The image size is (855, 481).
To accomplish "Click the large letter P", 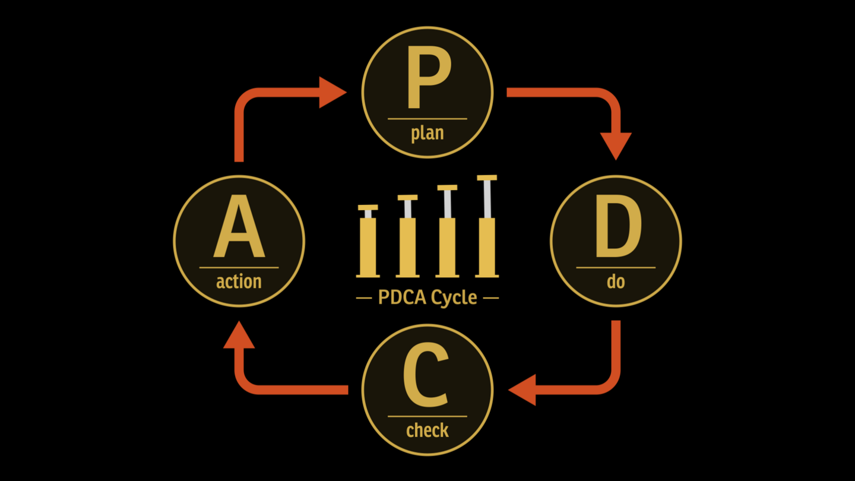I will click(427, 80).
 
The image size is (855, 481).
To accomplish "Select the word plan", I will click(427, 132).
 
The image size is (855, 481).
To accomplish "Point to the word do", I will click(616, 281).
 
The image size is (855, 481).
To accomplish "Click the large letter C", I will click(426, 378).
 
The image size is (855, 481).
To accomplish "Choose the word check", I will click(427, 429).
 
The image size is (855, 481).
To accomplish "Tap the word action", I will click(239, 281).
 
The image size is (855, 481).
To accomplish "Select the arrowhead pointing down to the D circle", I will click(616, 145).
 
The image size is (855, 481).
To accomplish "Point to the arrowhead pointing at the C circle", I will click(523, 390).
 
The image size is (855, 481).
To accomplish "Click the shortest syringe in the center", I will click(368, 243).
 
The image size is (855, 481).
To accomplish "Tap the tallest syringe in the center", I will click(487, 232).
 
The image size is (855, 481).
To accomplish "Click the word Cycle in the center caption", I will click(454, 297).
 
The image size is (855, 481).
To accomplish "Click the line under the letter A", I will click(239, 268).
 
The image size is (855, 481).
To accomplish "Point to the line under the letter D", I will click(616, 268).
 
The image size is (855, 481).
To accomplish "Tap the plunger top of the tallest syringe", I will click(487, 178).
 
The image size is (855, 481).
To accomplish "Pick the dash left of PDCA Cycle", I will click(363, 298).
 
